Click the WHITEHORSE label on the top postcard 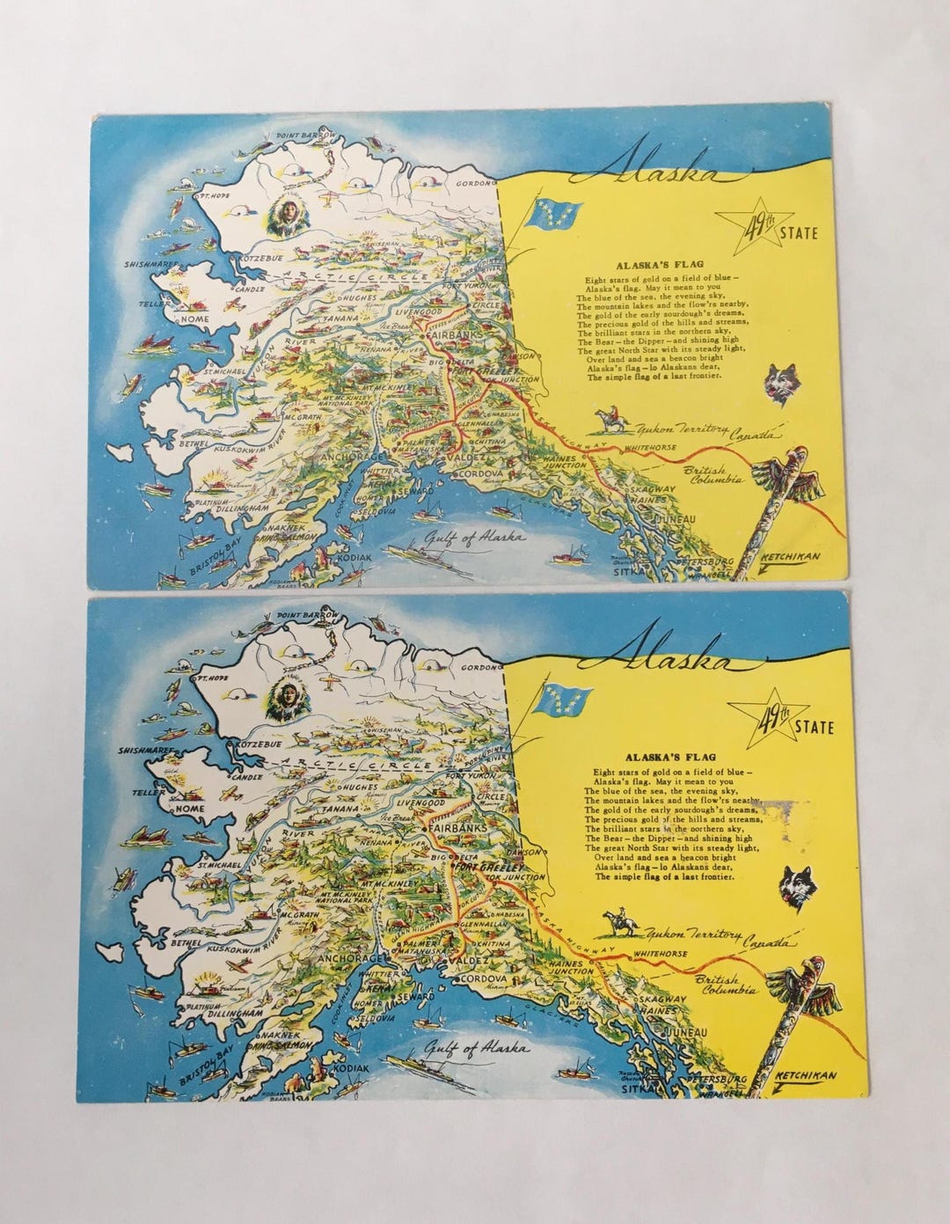click(x=652, y=449)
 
